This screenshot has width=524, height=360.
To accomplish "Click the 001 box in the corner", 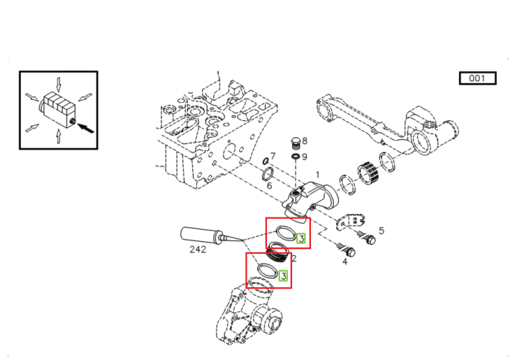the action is tap(478, 78).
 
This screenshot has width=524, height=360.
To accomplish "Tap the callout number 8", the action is tap(305, 141).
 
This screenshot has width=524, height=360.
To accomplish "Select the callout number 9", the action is tap(305, 157).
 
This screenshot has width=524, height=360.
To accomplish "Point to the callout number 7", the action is tap(273, 156).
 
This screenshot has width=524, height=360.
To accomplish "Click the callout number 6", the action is tap(270, 185).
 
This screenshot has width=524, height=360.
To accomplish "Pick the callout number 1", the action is tap(317, 175).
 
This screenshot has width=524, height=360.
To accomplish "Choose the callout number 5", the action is tap(381, 231).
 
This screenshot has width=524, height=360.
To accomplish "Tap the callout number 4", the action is tap(345, 261).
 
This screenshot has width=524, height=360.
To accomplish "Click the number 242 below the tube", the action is tap(198, 250).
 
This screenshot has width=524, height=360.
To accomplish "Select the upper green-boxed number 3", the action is tap(301, 238).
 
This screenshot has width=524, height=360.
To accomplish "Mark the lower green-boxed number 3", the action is tap(283, 275).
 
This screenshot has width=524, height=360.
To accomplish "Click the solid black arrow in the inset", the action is tap(86, 128).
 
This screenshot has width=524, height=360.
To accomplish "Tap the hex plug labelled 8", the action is tap(294, 143).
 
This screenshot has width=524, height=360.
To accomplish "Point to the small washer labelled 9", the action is tap(296, 157).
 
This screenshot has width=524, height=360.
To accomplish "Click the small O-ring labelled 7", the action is tap(265, 161).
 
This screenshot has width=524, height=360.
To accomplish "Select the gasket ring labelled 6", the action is tap(268, 175).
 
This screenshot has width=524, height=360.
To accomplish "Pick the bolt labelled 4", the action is tap(346, 249).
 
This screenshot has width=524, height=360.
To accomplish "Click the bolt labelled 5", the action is tap(366, 237).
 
